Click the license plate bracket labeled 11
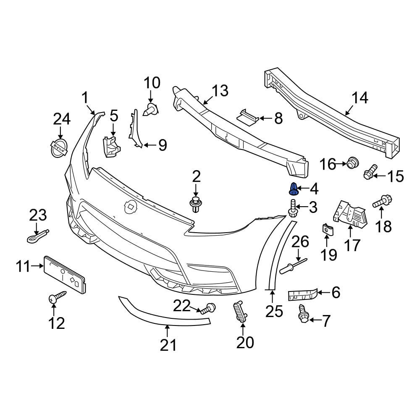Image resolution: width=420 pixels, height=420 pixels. click(x=65, y=275)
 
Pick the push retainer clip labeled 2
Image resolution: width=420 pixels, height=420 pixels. click(x=195, y=204)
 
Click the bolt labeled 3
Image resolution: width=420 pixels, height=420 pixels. click(x=292, y=208)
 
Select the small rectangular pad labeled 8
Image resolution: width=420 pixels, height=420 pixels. click(x=248, y=116)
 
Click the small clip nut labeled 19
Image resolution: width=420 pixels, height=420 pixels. click(x=327, y=230)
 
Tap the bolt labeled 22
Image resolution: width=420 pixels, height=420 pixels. click(x=207, y=309)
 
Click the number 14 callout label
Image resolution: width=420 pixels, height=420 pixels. click(x=360, y=98)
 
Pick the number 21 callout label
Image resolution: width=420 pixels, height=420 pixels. click(x=168, y=345)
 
